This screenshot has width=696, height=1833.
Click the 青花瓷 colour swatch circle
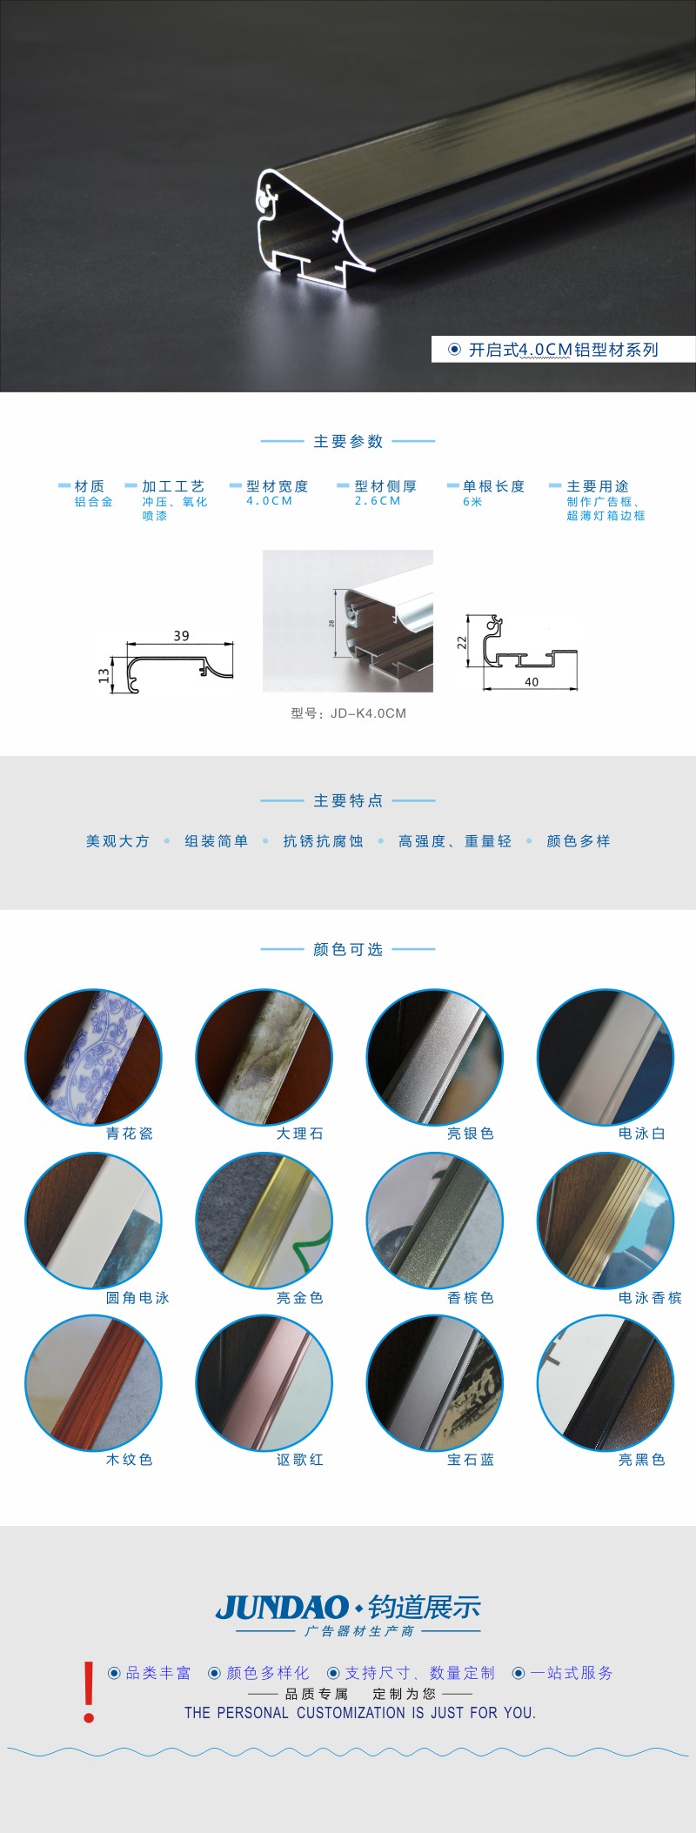[x=93, y=1057]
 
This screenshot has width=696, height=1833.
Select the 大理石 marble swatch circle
[x=264, y=1057]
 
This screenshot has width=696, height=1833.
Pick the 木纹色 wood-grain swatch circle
[x=93, y=1383]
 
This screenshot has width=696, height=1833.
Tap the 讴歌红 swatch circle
[x=264, y=1383]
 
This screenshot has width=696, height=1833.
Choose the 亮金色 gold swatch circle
[x=264, y=1221]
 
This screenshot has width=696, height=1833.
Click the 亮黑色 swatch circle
[x=606, y=1383]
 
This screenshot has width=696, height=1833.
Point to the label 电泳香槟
[x=650, y=1298]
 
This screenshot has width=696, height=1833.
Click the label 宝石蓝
[x=471, y=1460]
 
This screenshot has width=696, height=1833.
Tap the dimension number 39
[x=181, y=636]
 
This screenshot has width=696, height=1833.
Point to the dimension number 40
[x=532, y=682]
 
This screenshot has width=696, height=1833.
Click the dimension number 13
[x=104, y=675]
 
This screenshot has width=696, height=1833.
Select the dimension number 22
[x=462, y=642]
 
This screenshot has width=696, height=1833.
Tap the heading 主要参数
[x=348, y=441]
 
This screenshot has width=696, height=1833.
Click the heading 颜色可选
[x=348, y=949]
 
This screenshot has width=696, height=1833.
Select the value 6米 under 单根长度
[x=472, y=502]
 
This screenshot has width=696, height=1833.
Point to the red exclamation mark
[x=89, y=1692]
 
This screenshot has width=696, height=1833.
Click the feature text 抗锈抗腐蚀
[x=323, y=841]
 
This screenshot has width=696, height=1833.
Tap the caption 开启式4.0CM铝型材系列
[x=564, y=350]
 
